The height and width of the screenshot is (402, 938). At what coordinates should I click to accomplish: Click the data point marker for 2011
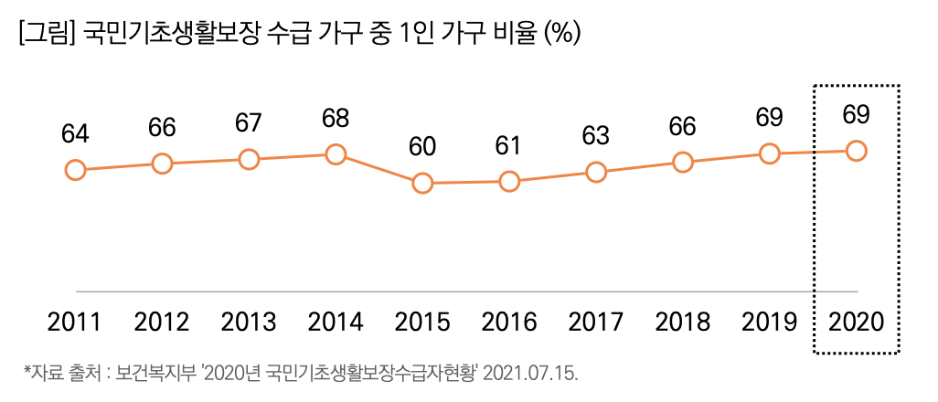[x=75, y=170]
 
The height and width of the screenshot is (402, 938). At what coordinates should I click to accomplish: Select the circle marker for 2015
[x=422, y=183]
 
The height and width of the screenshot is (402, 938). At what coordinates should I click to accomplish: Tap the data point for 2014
[x=336, y=154]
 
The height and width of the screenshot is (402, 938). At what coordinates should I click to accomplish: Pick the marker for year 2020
[x=857, y=151]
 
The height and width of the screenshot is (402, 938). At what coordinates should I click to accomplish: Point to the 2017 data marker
[x=596, y=172]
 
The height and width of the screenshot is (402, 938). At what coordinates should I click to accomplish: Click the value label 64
[x=75, y=134]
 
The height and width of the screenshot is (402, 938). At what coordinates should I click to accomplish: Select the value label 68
[x=336, y=119]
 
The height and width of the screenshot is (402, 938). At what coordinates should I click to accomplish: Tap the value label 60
[x=422, y=146]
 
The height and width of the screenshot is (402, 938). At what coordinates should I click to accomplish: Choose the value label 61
[x=509, y=145]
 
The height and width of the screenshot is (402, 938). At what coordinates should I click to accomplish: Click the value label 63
[x=596, y=136]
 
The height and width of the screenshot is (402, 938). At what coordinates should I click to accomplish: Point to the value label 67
[x=249, y=123]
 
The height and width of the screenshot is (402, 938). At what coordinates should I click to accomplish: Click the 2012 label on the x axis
[x=162, y=323]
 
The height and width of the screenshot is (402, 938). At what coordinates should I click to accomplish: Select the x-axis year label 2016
[x=509, y=323]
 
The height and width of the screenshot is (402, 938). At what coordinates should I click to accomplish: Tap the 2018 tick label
[x=683, y=323]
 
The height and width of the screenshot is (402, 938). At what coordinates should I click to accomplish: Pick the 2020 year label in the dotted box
[x=857, y=323]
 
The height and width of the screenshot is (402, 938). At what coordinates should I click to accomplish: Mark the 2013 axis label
[x=249, y=323]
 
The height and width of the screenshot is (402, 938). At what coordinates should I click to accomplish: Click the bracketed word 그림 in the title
[x=46, y=34]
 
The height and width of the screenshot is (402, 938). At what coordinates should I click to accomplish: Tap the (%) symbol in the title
[x=562, y=34]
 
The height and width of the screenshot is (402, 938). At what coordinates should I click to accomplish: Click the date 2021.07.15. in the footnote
[x=530, y=374]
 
